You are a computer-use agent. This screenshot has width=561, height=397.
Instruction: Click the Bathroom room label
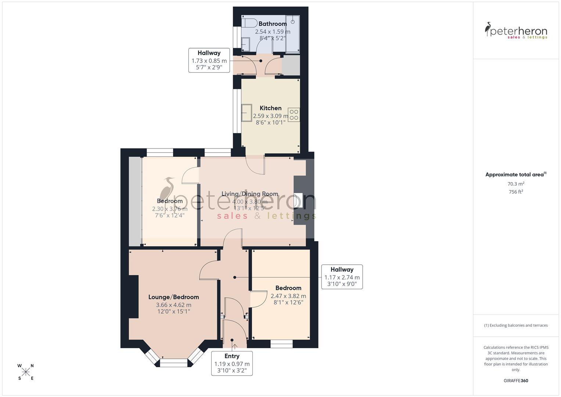(272, 24)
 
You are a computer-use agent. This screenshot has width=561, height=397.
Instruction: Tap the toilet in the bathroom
(249, 23)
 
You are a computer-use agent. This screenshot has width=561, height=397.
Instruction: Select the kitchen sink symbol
(247, 112)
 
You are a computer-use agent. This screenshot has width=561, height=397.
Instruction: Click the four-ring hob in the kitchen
(294, 115)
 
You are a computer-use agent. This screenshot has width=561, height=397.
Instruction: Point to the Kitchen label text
(270, 108)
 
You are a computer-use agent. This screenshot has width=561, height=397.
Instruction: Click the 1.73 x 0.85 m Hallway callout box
(209, 60)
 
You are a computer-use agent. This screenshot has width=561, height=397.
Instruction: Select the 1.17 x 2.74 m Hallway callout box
(342, 277)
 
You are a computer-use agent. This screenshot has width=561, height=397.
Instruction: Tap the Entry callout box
(232, 363)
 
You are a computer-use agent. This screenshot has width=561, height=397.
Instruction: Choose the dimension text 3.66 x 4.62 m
(173, 305)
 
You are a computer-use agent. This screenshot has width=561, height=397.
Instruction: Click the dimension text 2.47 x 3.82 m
(288, 296)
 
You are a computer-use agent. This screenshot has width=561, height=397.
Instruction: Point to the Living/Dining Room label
(250, 194)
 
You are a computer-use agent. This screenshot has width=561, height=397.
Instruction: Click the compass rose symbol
(26, 372)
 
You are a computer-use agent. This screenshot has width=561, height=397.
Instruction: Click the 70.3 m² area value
(516, 184)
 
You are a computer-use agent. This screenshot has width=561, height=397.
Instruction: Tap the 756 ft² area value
(516, 192)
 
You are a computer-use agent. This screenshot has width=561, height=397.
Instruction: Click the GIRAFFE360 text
(516, 380)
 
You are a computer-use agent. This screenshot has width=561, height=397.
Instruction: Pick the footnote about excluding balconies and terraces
(516, 325)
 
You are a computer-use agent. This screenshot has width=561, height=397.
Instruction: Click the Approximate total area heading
(516, 175)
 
